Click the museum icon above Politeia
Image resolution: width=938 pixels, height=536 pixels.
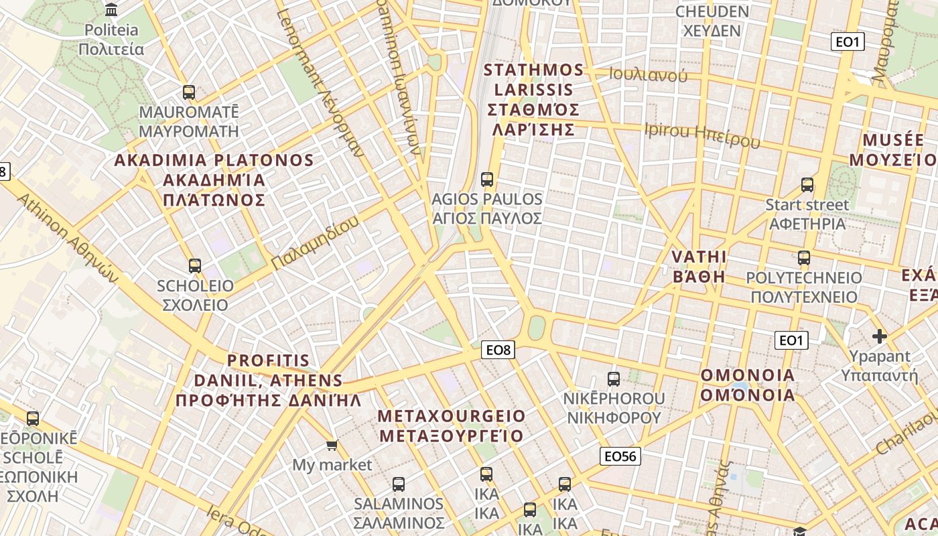pos(111,9)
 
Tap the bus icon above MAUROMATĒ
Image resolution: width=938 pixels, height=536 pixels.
pos(189,92)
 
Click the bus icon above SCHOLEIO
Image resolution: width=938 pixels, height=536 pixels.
pos(195,266)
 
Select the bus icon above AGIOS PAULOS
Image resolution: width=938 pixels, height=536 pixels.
pos(487,180)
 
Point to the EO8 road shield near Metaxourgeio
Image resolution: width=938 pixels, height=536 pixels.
pos(498,349)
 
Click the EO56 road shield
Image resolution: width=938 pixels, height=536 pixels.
pos(620,456)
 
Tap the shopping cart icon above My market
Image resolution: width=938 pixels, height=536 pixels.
pos(332,445)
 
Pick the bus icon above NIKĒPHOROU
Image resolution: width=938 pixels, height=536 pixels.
pos(614,379)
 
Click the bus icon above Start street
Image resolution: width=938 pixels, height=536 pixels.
pos(807,185)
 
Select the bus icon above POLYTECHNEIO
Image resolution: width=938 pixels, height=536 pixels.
pos(804,257)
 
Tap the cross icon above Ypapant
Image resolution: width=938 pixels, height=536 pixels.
pos(880,336)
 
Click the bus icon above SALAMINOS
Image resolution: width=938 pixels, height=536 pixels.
pos(399,484)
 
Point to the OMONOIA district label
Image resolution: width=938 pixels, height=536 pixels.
pos(748,385)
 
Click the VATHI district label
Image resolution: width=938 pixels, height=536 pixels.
pos(699,267)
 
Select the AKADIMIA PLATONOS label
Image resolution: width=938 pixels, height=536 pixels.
pos(214,180)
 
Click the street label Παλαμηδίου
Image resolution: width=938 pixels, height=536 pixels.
pos(316,243)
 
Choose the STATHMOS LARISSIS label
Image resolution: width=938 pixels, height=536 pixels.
pos(533,99)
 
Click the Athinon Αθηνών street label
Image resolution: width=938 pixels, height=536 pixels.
pos(66,239)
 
